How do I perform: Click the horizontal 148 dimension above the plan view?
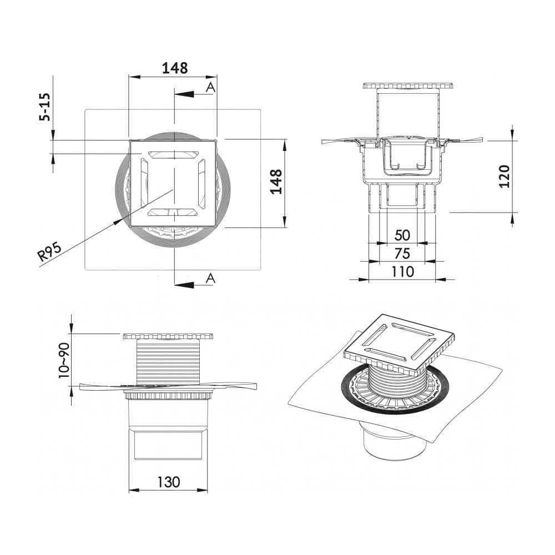pyautogui.click(x=174, y=68)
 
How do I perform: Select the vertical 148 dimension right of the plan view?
pyautogui.click(x=276, y=181)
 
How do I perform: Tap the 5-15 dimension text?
pyautogui.click(x=46, y=107)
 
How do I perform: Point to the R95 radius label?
pyautogui.click(x=49, y=251)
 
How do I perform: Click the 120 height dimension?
pyautogui.click(x=503, y=176)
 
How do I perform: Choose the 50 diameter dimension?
pyautogui.click(x=402, y=235)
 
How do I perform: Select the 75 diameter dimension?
pyautogui.click(x=402, y=254)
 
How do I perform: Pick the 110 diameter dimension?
pyautogui.click(x=402, y=272)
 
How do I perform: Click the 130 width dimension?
pyautogui.click(x=169, y=482)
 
